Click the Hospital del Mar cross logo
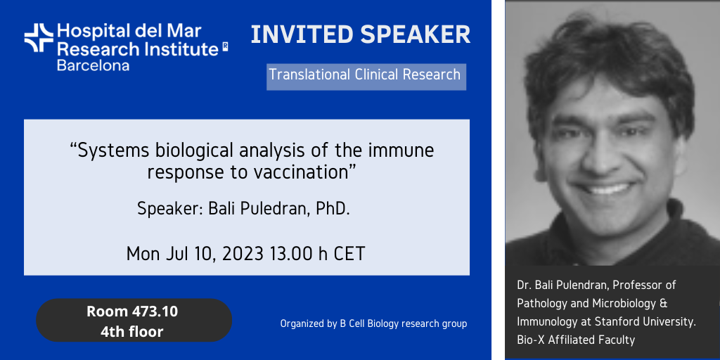tap(39, 38)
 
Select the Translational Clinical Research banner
tap(366, 77)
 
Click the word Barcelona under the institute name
tap(93, 65)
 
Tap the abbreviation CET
tap(349, 253)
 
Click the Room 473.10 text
tap(132, 311)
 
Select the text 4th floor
tap(131, 331)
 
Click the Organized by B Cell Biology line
tap(373, 323)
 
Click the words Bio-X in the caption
tap(530, 340)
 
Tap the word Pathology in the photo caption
tap(538, 304)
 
